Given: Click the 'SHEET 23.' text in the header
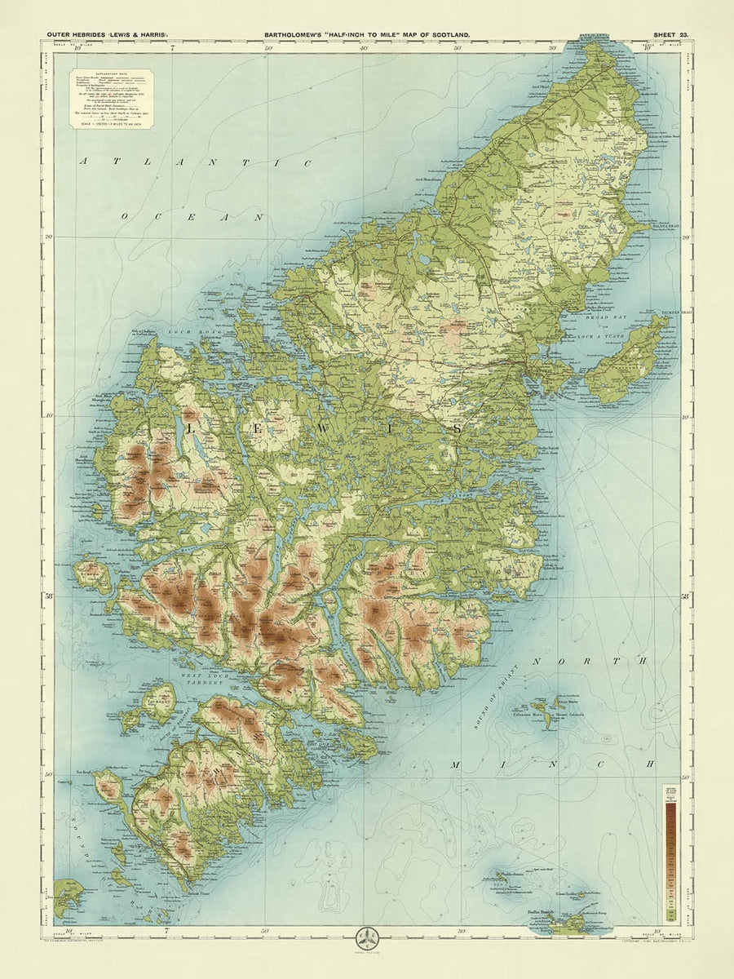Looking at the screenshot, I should [x=671, y=35].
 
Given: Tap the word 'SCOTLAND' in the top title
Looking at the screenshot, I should [x=446, y=35].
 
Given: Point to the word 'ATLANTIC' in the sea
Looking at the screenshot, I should [x=195, y=163].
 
